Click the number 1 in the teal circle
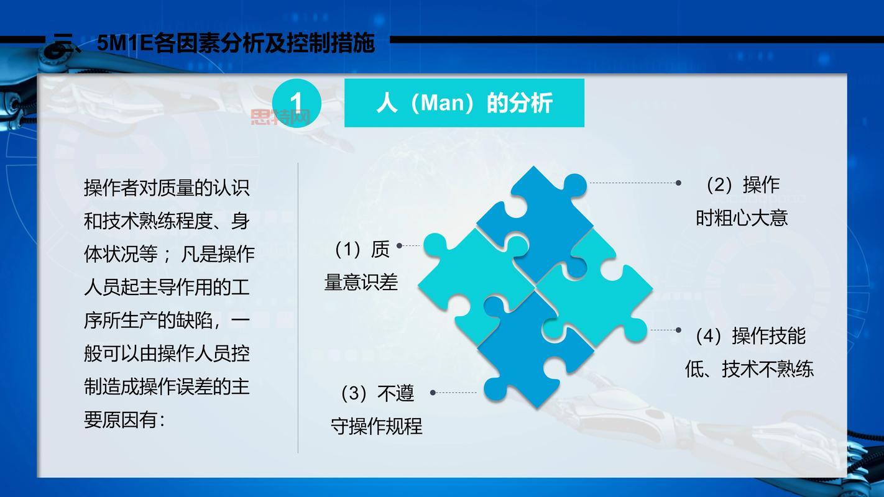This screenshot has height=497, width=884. coord(297,103)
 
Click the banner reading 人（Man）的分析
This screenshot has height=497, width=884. coord(464,103)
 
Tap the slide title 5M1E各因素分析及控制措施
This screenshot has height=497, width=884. coord(236,43)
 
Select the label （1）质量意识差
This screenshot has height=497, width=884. coord(362,266)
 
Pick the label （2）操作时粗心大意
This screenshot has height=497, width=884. coord(742,201)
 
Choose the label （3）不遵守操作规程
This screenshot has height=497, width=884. coord(377,409)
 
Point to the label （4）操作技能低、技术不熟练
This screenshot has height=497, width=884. coord(749,352)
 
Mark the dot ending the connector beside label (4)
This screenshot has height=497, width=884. coord(678,330)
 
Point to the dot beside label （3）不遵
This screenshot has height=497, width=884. coord(433,393)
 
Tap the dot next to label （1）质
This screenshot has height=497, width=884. coord(399,246)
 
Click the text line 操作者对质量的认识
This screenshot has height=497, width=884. coord(167,187)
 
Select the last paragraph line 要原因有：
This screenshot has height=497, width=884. coord(124,420)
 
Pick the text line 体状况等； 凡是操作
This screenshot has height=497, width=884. coord(169,254)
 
